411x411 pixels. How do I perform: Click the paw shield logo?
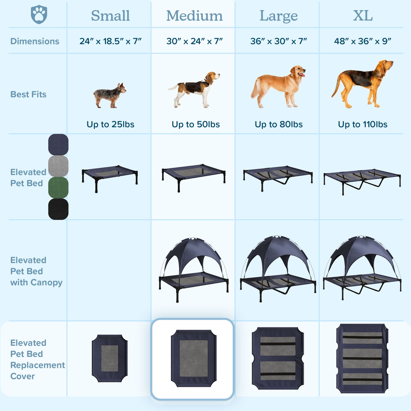(x=39, y=15)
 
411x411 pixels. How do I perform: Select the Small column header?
(x=110, y=16)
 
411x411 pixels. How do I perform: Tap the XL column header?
(x=363, y=16)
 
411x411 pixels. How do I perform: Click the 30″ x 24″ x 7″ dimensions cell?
(x=194, y=41)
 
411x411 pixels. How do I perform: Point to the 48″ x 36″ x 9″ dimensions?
(x=363, y=41)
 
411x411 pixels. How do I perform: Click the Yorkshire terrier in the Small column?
(x=110, y=96)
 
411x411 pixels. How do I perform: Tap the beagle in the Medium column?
(x=194, y=90)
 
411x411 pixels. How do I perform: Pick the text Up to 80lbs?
(x=278, y=124)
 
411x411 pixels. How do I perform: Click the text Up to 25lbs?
(x=110, y=124)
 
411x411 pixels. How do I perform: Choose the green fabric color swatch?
(x=58, y=187)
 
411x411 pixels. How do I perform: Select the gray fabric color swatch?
(x=58, y=166)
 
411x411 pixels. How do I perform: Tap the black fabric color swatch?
(x=58, y=209)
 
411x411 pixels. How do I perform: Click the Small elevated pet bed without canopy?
(x=110, y=178)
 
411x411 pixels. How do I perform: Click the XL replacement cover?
(x=362, y=358)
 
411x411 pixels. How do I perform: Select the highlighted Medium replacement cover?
(x=194, y=358)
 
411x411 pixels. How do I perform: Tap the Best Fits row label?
(x=28, y=94)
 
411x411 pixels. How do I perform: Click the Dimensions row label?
(x=35, y=41)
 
